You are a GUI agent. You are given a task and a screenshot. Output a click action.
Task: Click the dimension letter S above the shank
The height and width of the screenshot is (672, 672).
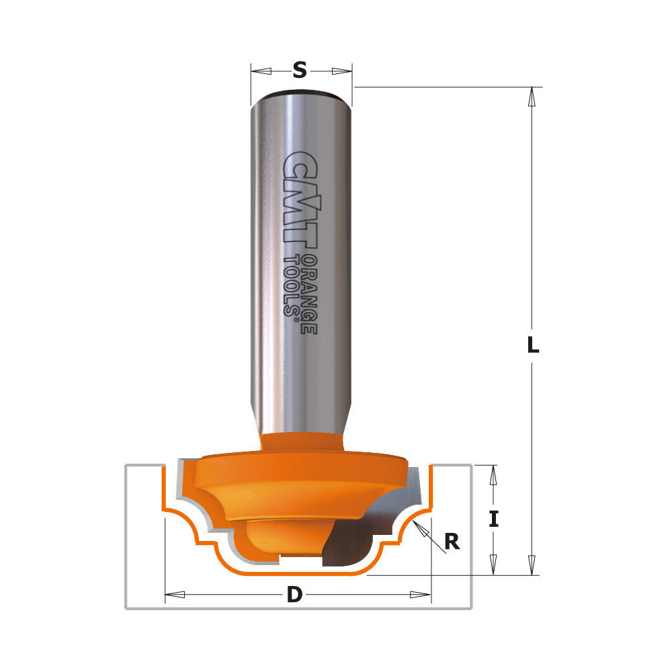(x=300, y=69)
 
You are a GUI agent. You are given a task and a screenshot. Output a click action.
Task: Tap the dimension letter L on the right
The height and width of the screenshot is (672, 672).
(x=532, y=345)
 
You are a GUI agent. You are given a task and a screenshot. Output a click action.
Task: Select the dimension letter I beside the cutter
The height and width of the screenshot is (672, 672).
(x=494, y=519)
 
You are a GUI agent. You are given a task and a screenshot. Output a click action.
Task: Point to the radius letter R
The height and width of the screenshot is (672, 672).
(x=452, y=542)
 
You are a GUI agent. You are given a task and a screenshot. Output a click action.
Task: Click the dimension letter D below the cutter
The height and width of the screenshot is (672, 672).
(x=294, y=595)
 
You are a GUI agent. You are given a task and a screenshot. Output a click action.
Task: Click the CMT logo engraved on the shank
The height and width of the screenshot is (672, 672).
(x=300, y=202)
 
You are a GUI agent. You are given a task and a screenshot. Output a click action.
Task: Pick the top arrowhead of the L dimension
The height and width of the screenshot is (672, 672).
(x=532, y=97)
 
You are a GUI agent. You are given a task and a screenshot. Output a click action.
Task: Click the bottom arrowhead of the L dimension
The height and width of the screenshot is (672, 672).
(x=532, y=565)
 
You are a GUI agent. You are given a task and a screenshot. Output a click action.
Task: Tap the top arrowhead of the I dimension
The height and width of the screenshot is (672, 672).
(x=494, y=475)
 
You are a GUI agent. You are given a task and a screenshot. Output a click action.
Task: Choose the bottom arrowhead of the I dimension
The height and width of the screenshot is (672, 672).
(x=494, y=565)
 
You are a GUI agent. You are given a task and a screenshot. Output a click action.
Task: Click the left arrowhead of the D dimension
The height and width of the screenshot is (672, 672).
(x=175, y=595)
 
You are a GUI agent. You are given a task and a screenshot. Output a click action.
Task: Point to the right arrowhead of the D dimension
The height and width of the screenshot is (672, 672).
(x=420, y=595)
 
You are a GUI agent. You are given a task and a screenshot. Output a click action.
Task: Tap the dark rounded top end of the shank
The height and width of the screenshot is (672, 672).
(x=300, y=93)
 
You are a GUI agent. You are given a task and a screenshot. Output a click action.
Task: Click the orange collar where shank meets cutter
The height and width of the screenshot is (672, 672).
(x=300, y=442)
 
